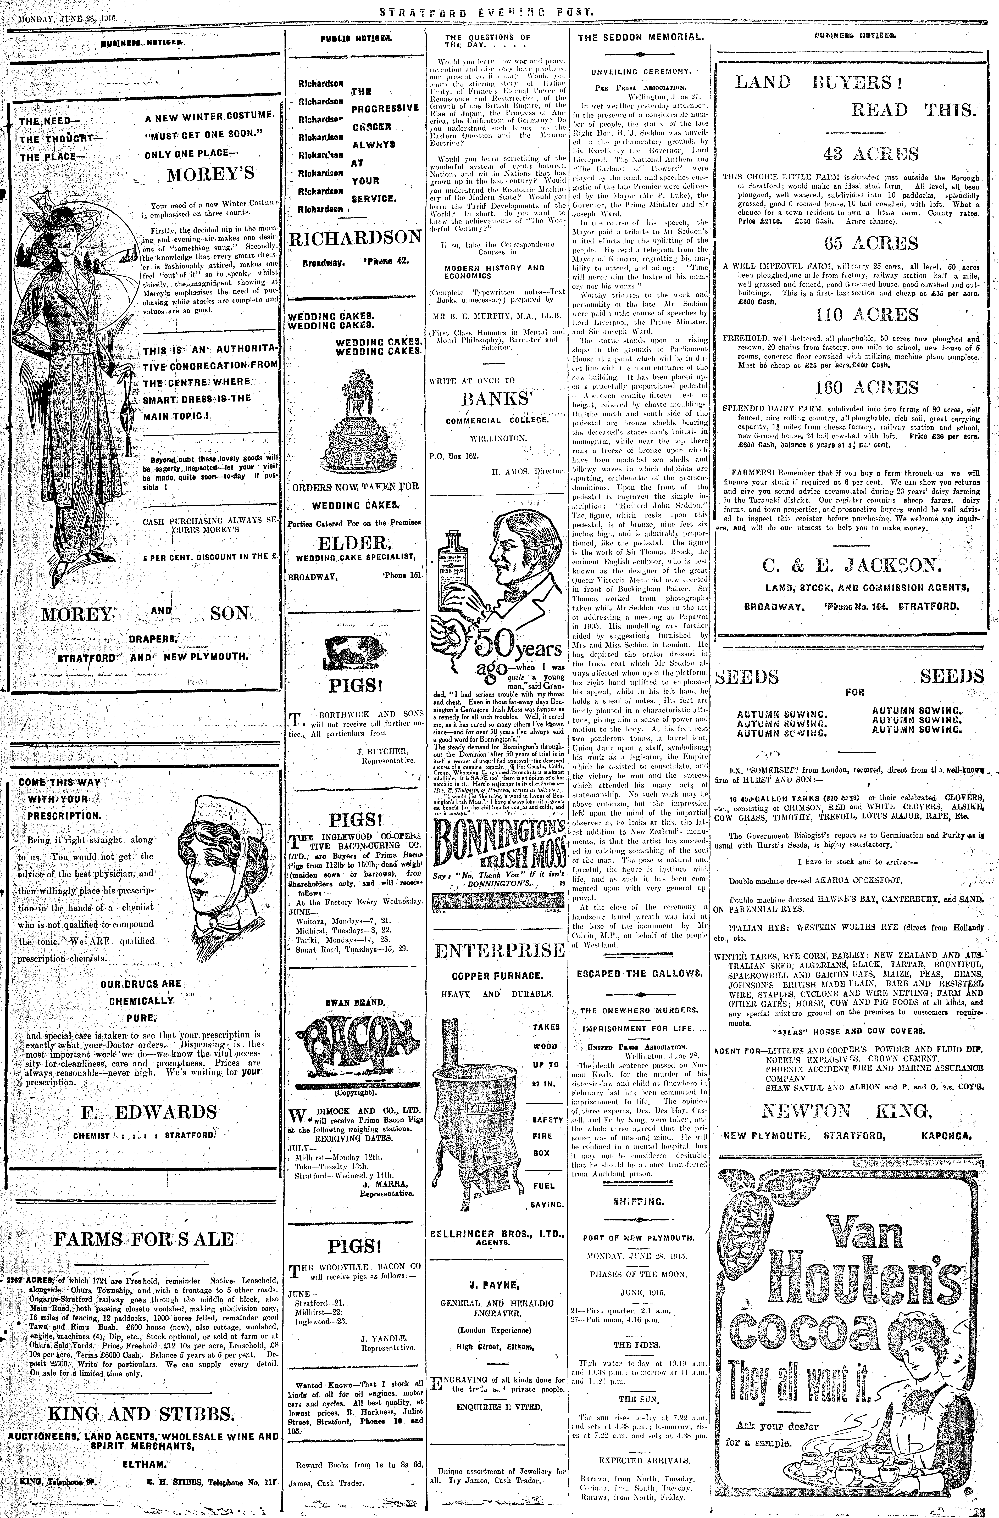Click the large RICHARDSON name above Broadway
(x=355, y=238)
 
